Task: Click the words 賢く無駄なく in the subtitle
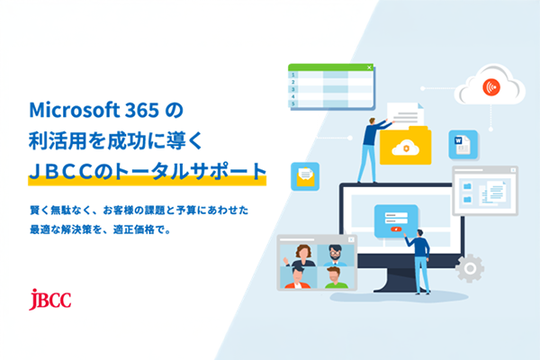[x=57, y=210]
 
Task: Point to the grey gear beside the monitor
[x=469, y=267]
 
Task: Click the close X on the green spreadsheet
[x=369, y=67]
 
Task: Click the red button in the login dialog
[x=396, y=229]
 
